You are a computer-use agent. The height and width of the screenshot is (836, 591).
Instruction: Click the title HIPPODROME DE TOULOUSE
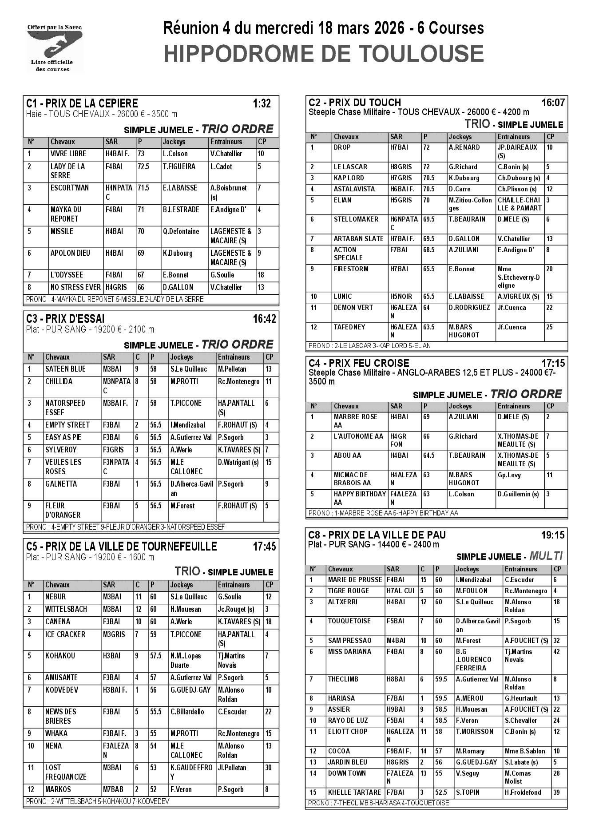point(323,53)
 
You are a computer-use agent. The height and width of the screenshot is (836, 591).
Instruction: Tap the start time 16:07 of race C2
point(553,103)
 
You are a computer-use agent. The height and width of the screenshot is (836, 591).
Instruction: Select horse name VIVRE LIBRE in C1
point(68,154)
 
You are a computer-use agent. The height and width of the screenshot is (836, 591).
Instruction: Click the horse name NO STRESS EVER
point(75,287)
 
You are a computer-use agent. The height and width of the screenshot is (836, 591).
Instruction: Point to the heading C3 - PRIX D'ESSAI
point(66,318)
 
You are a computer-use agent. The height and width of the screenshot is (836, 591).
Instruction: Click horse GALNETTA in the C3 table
point(61,484)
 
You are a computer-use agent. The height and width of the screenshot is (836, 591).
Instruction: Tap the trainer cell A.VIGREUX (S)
point(518,297)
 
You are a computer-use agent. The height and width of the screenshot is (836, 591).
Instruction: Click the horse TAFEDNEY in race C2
point(349,327)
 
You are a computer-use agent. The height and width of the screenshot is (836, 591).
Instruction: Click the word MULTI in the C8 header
point(546,556)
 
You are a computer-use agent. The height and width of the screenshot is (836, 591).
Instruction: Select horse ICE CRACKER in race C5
point(65,634)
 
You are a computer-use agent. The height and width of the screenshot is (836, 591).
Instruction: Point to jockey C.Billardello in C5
point(187,712)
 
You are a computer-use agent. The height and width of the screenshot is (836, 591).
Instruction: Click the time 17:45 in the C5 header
point(264,547)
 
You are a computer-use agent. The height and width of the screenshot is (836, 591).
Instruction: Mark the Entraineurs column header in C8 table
point(520,569)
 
